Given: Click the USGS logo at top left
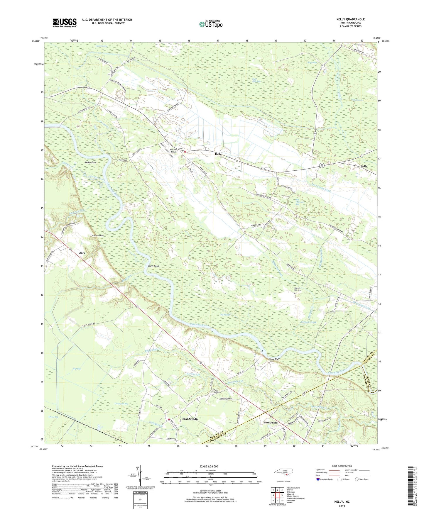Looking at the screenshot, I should click(x=64, y=23).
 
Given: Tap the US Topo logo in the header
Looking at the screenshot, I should click(x=210, y=24).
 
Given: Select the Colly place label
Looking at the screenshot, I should click(x=364, y=166).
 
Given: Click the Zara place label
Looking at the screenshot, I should click(x=82, y=253).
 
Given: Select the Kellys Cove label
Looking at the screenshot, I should click(x=91, y=162).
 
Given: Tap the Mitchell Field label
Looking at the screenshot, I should click(x=173, y=151).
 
